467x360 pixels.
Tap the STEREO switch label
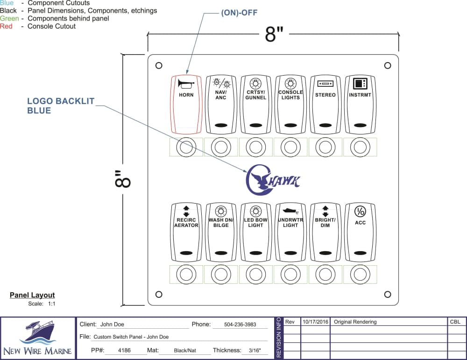tap(325, 95)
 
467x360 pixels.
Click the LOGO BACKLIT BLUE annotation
tap(61, 106)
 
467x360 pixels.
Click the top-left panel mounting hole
tap(159, 65)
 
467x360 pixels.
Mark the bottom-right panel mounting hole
tap(388, 294)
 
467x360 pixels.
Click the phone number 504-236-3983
tap(240, 325)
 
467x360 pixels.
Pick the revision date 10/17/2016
tap(315, 322)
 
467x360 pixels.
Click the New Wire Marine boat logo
tap(37, 332)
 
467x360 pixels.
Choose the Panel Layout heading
tap(32, 295)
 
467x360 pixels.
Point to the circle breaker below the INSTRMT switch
tap(360, 148)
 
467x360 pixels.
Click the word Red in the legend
tap(6, 26)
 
